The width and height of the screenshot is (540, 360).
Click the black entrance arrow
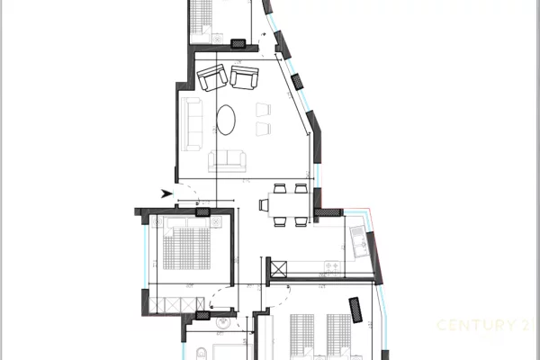(x=165, y=193)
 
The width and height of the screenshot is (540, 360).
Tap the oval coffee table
(x=228, y=118)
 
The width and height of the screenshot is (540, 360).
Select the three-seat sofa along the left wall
(x=192, y=125)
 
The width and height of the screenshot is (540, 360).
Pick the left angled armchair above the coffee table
(x=213, y=77)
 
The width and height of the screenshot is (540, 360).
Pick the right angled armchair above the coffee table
(x=244, y=76)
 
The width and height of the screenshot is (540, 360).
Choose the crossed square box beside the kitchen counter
(x=278, y=269)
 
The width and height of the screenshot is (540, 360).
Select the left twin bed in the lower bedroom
(x=302, y=337)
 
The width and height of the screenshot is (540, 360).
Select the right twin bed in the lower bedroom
(x=338, y=337)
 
